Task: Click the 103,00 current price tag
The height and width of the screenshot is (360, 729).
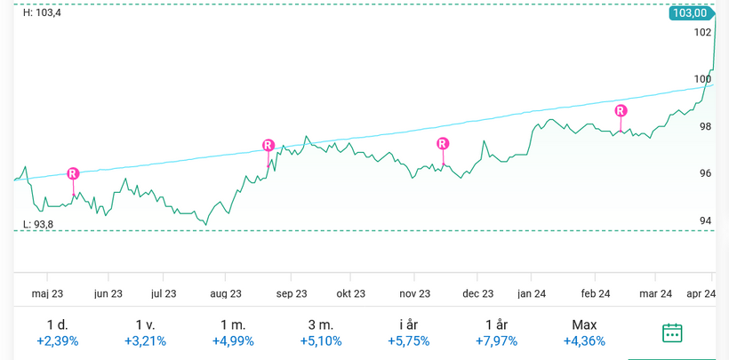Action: click(x=691, y=13)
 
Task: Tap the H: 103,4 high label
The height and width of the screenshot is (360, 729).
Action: click(x=42, y=12)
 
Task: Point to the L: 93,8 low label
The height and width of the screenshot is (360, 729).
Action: click(x=38, y=224)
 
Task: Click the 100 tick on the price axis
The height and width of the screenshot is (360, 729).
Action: click(x=702, y=79)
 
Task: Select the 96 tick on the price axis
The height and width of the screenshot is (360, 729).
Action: click(x=705, y=173)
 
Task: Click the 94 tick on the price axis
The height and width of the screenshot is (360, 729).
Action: click(x=705, y=220)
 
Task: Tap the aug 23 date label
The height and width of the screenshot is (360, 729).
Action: click(x=226, y=293)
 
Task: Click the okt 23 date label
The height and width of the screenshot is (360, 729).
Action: click(x=350, y=293)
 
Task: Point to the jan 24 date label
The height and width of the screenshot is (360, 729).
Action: click(x=532, y=293)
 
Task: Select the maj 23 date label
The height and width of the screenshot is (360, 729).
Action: click(x=47, y=293)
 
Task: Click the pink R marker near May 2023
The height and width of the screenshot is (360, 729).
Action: click(x=73, y=173)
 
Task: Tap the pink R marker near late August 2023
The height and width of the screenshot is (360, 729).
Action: click(x=268, y=145)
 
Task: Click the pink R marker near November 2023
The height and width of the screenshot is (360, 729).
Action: click(x=443, y=143)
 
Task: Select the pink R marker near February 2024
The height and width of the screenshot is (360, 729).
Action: click(x=621, y=110)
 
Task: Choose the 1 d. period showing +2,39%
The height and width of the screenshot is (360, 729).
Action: click(x=57, y=332)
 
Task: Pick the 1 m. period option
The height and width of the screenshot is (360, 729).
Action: click(x=233, y=332)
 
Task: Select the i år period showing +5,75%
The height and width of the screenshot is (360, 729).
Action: click(x=408, y=332)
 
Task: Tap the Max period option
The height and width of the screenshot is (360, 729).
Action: click(x=584, y=332)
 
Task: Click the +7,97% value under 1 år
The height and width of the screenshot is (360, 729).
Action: click(x=496, y=340)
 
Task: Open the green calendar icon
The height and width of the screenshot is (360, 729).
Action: click(x=672, y=332)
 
